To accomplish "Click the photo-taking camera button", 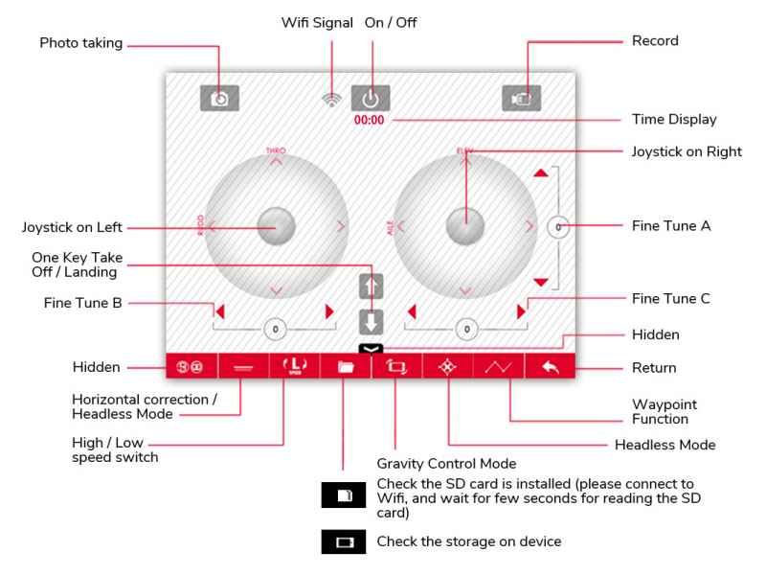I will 220,98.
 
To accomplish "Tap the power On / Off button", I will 371,98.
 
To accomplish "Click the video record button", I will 521,98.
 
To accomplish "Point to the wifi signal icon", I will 332,99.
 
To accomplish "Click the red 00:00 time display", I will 369,120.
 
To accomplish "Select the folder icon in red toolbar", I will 344,366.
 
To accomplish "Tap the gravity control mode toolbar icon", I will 395,366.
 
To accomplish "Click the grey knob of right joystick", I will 466,226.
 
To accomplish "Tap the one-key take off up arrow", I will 371,287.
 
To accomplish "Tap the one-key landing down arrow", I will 371,320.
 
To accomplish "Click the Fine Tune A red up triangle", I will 542,172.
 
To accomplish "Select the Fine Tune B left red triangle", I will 219,310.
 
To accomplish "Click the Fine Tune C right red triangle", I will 521,310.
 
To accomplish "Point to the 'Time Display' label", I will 674,120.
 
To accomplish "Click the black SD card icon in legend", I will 344,496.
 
